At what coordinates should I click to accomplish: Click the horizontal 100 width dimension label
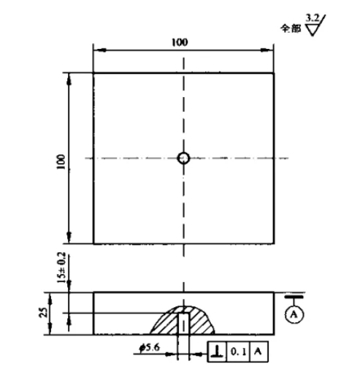point(180,42)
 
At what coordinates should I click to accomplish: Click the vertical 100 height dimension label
point(61,162)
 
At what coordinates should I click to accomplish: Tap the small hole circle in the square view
point(183,158)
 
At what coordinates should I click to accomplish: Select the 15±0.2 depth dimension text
point(61,267)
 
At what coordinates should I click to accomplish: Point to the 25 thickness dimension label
point(43,312)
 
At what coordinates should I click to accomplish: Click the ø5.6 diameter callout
point(150,348)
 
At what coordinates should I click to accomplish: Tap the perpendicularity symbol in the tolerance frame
point(217,352)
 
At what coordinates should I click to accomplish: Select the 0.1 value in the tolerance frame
point(238,352)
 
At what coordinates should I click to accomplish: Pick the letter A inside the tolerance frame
point(258,352)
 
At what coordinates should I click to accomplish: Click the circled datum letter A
point(294,314)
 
